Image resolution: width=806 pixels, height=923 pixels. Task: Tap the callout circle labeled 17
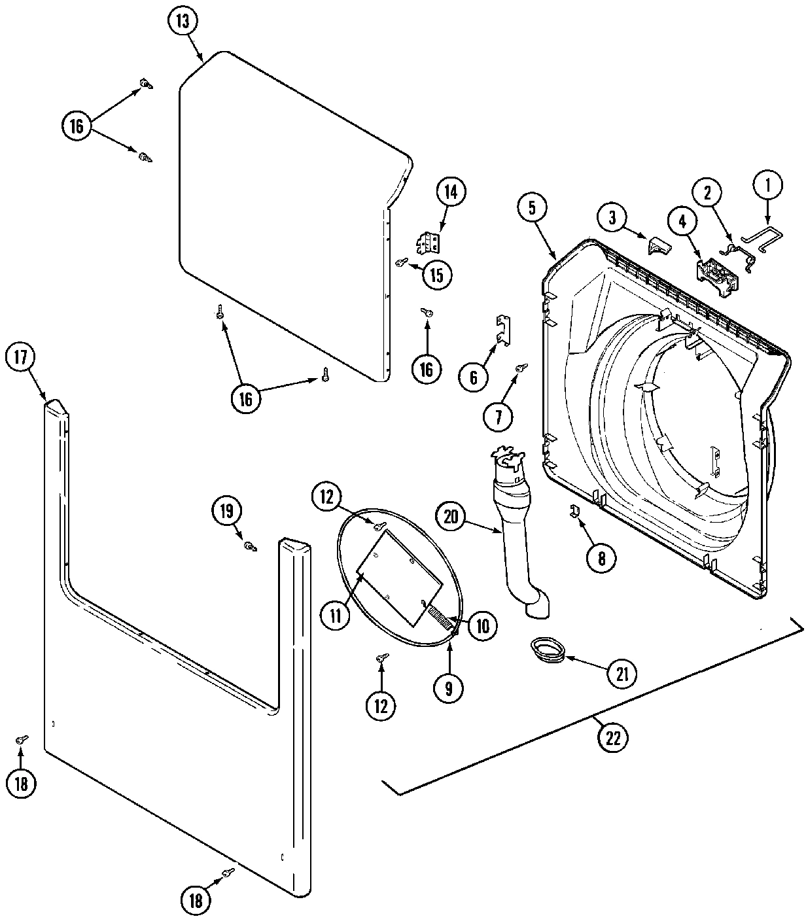click(x=20, y=357)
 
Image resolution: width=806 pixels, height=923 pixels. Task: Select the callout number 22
click(x=612, y=737)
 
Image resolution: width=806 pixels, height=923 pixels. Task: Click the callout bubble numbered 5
click(x=532, y=208)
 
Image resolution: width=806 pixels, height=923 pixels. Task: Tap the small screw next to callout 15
click(x=401, y=262)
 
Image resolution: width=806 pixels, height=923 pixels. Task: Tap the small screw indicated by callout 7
click(x=521, y=370)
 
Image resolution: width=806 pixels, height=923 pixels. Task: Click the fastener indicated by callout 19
click(x=249, y=546)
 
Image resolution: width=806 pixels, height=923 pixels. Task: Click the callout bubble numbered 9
click(x=449, y=688)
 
